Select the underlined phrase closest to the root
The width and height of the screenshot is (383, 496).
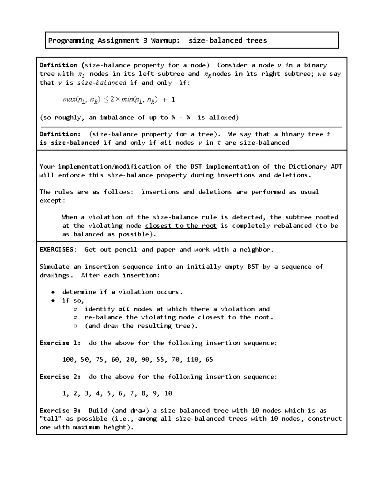point(181,226)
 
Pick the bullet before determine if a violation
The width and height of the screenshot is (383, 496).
point(53,292)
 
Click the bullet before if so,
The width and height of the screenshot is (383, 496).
point(53,301)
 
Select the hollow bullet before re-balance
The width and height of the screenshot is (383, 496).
point(75,317)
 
